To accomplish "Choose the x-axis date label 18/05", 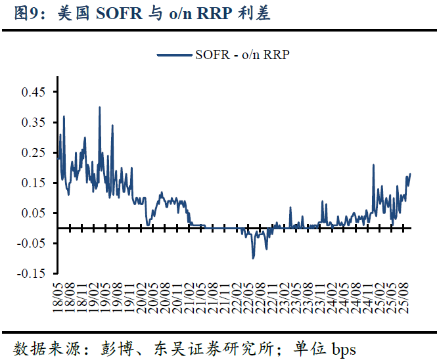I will (x=58, y=295).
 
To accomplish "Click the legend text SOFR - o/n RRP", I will (x=242, y=55).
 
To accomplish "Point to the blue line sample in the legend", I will (x=175, y=55).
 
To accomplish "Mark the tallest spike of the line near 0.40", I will (x=99, y=108).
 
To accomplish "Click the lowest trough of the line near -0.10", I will (x=253, y=258).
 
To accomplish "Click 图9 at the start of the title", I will (x=25, y=13).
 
